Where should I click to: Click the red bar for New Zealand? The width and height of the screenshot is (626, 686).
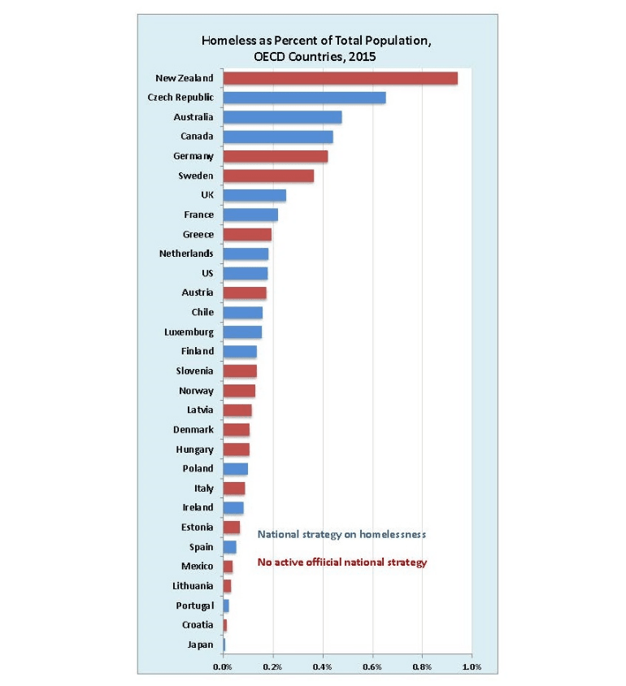coord(340,78)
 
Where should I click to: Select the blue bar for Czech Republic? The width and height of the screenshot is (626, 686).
coord(304,98)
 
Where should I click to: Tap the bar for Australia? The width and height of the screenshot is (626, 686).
coord(282,117)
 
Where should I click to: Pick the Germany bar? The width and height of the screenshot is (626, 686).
coord(275,156)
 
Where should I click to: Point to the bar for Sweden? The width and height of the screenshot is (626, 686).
coord(267,176)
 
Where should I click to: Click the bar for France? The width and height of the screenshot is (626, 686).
coord(250,215)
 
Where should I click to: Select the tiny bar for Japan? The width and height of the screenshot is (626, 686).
coord(224,645)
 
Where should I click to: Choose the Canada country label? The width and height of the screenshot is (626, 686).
coord(197,137)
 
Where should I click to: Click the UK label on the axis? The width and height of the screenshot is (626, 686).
coord(207,195)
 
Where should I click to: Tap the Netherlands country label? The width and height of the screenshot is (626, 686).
coord(186,254)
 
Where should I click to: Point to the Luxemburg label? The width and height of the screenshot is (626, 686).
coord(189,332)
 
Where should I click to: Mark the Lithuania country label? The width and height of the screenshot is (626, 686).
coord(193,586)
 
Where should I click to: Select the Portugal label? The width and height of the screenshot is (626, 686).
coord(195,606)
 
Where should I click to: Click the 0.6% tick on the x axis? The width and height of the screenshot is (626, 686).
coord(372,667)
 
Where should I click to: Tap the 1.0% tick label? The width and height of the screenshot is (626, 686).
coord(472,667)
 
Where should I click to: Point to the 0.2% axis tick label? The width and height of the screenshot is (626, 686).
coord(272,667)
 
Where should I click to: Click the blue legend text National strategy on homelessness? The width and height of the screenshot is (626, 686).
coord(341,535)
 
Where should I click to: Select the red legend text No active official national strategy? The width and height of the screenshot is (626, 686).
coord(341,562)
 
